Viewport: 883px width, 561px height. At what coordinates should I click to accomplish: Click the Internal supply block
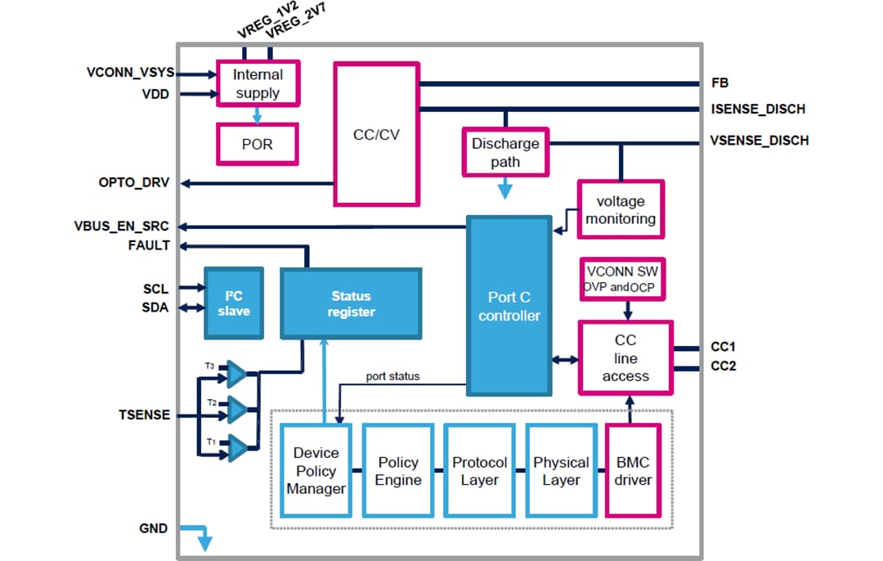point(258,83)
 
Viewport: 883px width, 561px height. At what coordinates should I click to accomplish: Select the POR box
point(258,144)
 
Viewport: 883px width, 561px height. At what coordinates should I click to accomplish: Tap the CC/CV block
point(376,135)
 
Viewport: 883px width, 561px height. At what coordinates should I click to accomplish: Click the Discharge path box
point(505,152)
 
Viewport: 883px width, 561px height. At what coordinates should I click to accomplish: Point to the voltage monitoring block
point(621,210)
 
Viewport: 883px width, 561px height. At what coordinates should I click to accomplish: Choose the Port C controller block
point(509,306)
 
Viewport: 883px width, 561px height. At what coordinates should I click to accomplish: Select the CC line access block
point(625,358)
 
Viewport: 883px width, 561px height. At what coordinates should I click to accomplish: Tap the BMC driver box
point(633,471)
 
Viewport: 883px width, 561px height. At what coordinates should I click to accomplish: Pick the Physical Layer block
point(561,471)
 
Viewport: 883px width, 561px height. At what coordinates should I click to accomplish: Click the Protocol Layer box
point(479,471)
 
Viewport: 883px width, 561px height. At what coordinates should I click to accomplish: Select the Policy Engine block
point(397,471)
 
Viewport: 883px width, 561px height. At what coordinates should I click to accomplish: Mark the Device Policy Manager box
point(316,471)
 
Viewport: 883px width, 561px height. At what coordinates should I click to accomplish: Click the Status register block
point(351,303)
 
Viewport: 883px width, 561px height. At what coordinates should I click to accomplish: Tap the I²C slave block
point(234,303)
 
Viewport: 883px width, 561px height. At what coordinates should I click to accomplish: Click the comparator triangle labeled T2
point(236,406)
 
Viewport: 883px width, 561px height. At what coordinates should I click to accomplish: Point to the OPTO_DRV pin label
point(134,182)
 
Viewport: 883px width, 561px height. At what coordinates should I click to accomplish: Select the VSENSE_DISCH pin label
point(760,141)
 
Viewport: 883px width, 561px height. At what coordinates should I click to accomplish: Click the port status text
point(392,377)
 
